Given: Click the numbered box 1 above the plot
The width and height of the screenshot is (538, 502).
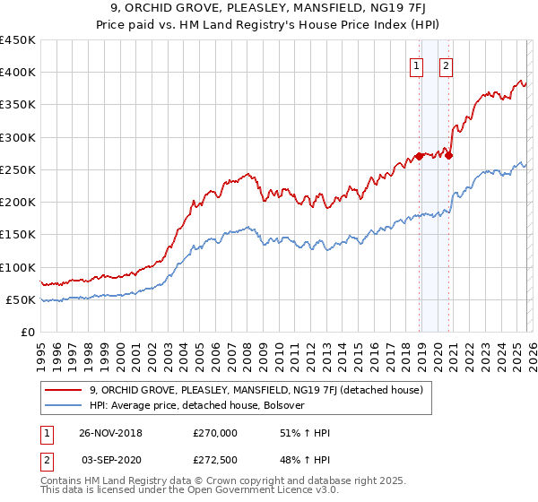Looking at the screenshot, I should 418,64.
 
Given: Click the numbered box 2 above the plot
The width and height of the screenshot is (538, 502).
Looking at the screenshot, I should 446,64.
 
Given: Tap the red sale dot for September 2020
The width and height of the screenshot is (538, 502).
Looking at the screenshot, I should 448,155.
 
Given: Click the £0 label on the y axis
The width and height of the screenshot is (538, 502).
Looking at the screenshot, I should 27,333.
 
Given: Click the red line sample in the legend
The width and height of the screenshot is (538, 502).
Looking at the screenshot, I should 65,390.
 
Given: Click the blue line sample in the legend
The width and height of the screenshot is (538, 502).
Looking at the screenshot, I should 65,405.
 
